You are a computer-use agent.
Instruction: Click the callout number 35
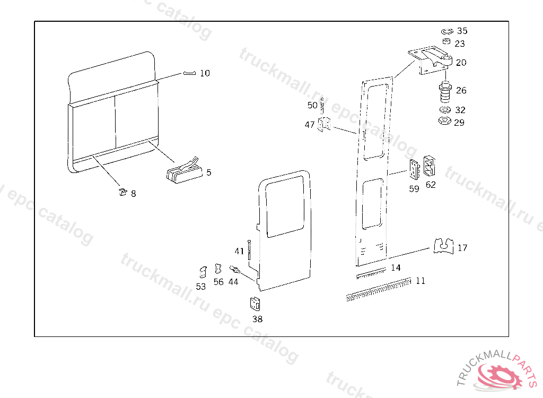click(462, 31)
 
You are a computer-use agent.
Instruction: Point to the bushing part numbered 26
click(444, 92)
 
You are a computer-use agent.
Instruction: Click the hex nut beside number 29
click(445, 121)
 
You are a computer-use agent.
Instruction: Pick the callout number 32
click(460, 110)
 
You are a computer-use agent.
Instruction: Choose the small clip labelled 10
click(190, 73)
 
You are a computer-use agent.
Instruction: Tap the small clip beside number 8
click(122, 191)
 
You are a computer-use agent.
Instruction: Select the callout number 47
click(310, 125)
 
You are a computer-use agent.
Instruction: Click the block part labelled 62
click(430, 166)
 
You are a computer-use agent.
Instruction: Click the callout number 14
click(396, 267)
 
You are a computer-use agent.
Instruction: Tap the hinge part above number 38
click(256, 304)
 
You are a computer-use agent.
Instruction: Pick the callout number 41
click(240, 251)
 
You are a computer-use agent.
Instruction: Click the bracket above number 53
click(202, 272)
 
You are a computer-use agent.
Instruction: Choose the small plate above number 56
click(217, 270)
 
